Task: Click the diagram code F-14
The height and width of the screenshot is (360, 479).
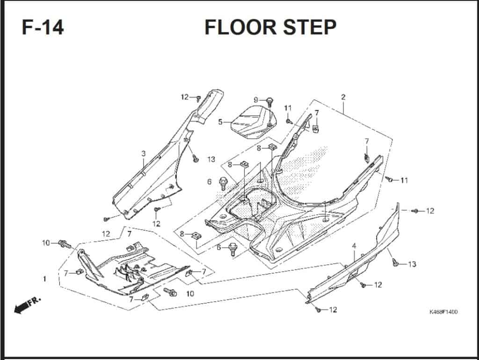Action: (x=43, y=28)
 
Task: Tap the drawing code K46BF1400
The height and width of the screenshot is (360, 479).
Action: (x=443, y=312)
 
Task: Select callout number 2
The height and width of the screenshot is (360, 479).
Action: (x=343, y=97)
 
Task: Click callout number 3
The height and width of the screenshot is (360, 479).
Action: (x=144, y=153)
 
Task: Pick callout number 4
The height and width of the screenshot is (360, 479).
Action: (x=354, y=245)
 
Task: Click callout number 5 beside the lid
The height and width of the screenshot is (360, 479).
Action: (x=220, y=122)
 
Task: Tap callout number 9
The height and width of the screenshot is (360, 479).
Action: (x=256, y=100)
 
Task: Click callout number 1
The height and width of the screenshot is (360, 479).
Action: (x=44, y=279)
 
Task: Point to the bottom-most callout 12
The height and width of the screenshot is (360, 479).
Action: (x=333, y=310)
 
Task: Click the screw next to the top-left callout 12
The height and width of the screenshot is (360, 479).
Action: (x=198, y=98)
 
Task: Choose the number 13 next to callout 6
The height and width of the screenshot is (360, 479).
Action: (x=211, y=159)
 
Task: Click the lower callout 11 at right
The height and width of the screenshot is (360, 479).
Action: (x=404, y=180)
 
